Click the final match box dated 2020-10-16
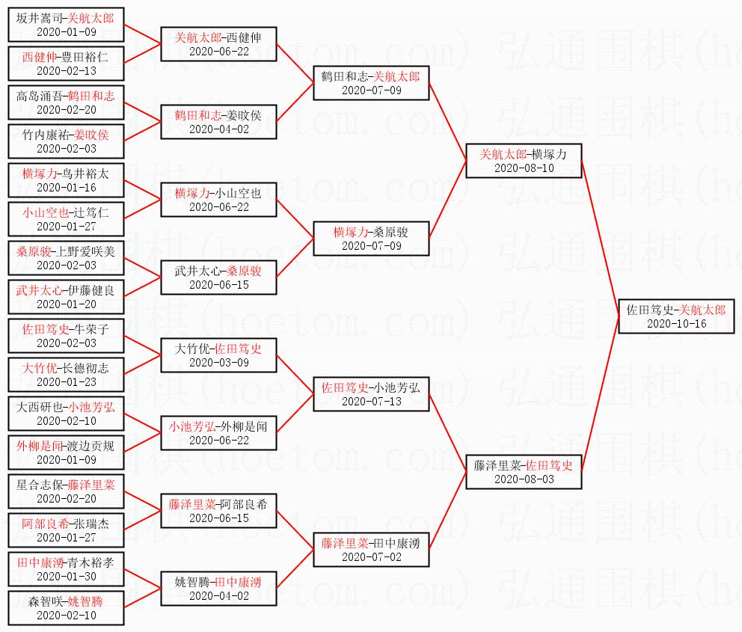tap(675, 316)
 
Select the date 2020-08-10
tap(524, 168)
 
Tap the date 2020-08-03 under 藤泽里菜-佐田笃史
tap(524, 479)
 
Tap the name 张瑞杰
tap(93, 524)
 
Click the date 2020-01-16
tap(66, 187)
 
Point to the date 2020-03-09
tap(218, 363)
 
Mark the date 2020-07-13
tap(371, 402)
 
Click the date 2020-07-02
tap(371, 557)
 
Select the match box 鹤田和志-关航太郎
tap(371, 82)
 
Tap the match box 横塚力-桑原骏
tap(371, 239)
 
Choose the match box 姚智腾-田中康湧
tap(218, 589)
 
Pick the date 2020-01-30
tap(66, 577)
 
